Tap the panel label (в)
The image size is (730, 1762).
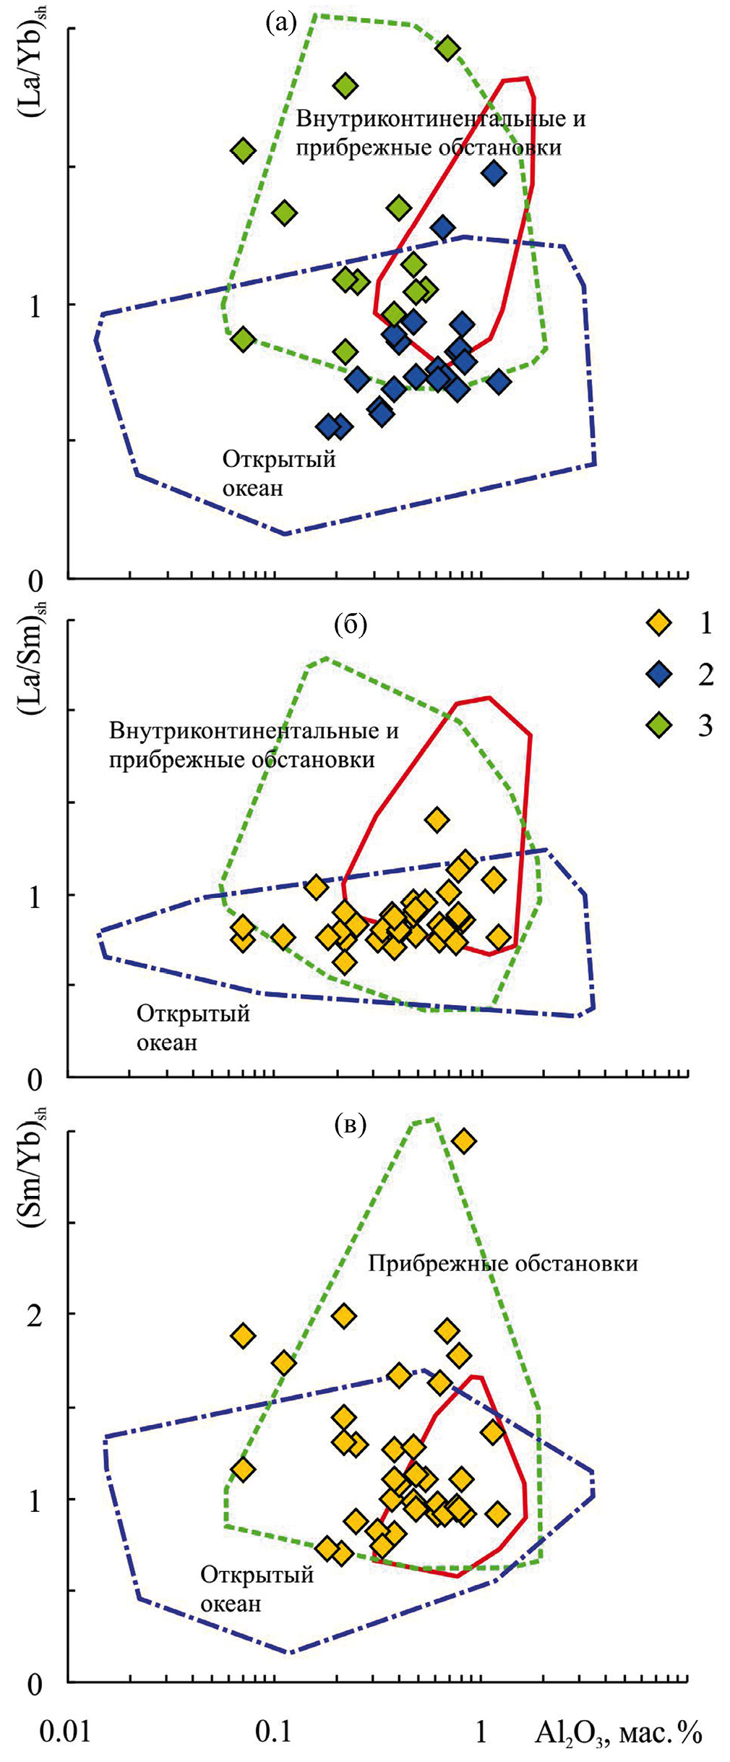[x=351, y=1124]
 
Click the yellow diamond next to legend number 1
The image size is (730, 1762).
[x=658, y=623]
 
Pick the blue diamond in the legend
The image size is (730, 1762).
[x=658, y=674]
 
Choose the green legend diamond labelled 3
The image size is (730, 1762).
[x=658, y=725]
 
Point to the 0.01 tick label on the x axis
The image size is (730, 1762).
[x=65, y=1732]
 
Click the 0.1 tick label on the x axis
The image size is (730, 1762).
[x=273, y=1732]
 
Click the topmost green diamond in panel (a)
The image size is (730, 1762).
[x=448, y=48]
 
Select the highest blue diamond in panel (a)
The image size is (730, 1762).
[x=494, y=173]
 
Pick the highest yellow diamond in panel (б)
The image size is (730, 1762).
[x=437, y=819]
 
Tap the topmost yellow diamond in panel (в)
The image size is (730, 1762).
[x=463, y=1141]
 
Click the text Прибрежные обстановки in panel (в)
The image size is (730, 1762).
[x=503, y=1263]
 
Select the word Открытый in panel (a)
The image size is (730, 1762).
[x=279, y=459]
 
